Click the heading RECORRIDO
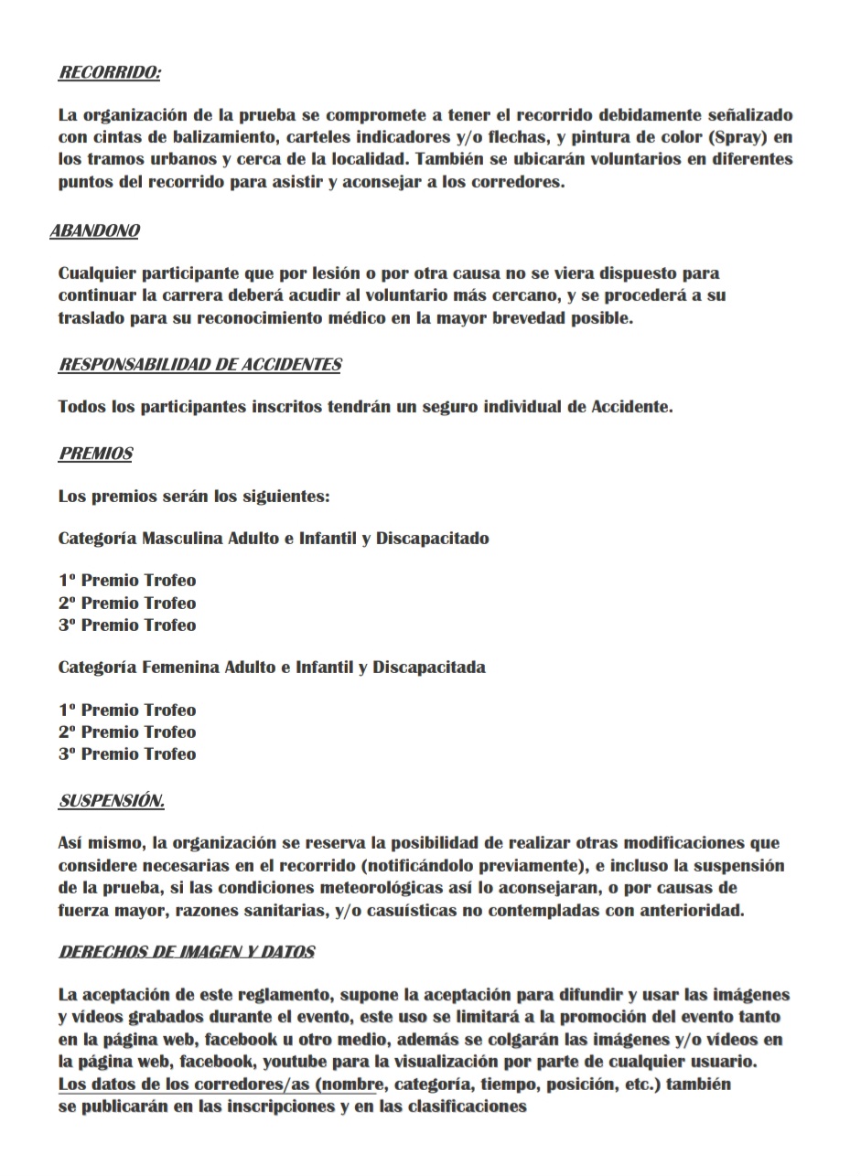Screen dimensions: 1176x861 pos(110,73)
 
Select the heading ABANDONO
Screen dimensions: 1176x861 pos(95,230)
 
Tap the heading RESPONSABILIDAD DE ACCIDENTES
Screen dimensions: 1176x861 pos(199,365)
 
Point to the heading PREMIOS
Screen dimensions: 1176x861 pos(96,454)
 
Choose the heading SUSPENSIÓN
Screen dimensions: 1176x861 pos(112,801)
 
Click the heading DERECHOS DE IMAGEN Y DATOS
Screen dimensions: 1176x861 pos(187,952)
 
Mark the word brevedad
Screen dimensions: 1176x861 pos(507,318)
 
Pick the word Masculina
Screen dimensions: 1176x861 pos(181,538)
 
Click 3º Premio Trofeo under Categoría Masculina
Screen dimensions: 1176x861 pos(127,625)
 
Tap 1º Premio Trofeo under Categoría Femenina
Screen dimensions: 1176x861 pos(127,711)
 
